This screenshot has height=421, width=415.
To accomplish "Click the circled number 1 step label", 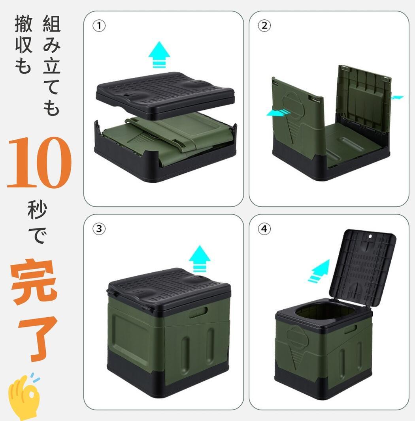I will [x=99, y=26].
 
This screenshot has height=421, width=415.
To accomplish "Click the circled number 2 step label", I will [x=264, y=26].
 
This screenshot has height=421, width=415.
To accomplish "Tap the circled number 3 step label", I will [x=99, y=229].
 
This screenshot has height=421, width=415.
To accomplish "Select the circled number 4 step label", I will [x=264, y=229].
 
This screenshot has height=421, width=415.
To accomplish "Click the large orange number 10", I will [x=39, y=163].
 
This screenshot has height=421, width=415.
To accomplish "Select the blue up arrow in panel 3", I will [x=200, y=258].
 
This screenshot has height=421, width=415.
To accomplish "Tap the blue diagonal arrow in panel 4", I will [x=319, y=271].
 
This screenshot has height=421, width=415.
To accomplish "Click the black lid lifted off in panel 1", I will [x=165, y=95].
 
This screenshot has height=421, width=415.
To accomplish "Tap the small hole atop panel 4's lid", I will [x=370, y=237].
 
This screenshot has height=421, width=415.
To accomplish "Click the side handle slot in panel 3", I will [x=198, y=314].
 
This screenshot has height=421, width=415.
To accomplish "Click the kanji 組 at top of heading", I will [x=51, y=24].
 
